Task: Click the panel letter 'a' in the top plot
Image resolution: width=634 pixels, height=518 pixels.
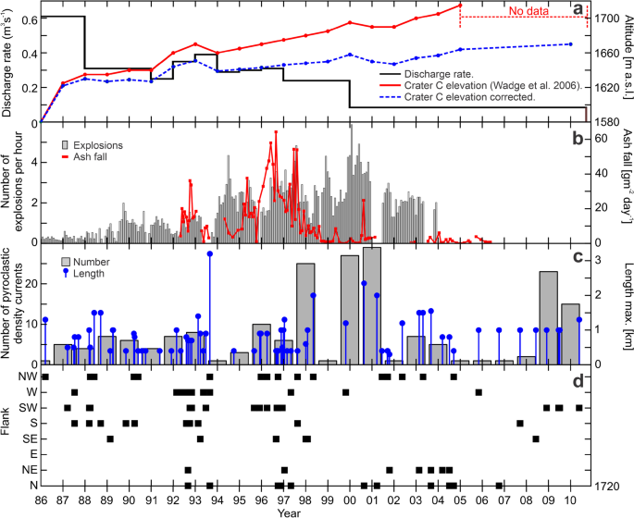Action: [578, 11]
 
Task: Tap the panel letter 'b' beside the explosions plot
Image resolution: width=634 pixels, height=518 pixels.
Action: [578, 139]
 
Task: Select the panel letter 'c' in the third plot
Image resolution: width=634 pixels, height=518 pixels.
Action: [578, 257]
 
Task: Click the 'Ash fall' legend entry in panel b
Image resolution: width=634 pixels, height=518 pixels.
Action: [91, 157]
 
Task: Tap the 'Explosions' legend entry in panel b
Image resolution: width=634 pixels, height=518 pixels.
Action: [96, 145]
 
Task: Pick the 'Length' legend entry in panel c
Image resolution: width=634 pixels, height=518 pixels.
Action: [88, 273]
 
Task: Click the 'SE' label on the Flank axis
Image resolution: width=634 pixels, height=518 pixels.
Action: [28, 438]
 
